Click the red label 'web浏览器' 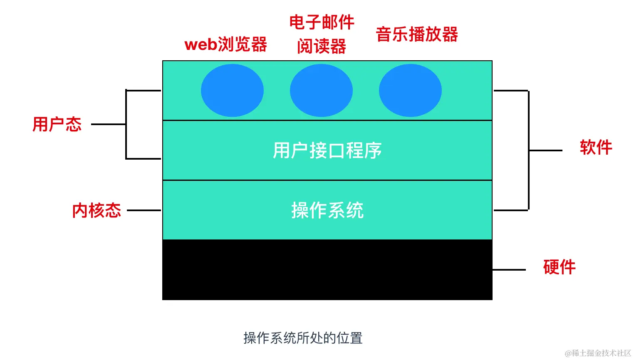pyautogui.click(x=225, y=44)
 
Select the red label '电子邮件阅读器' pyautogui.click(x=322, y=34)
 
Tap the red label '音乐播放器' pyautogui.click(x=417, y=34)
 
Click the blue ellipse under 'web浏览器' pyautogui.click(x=233, y=90)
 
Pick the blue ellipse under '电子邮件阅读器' pyautogui.click(x=321, y=90)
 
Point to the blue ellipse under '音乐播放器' pyautogui.click(x=411, y=90)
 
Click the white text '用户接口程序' pyautogui.click(x=327, y=150)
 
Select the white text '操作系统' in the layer pyautogui.click(x=327, y=210)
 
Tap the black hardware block pyautogui.click(x=327, y=270)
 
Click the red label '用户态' pyautogui.click(x=57, y=124)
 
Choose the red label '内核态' pyautogui.click(x=97, y=210)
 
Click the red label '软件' pyautogui.click(x=596, y=147)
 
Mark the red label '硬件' pyautogui.click(x=559, y=267)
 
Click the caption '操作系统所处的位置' pyautogui.click(x=303, y=338)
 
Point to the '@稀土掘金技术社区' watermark pyautogui.click(x=598, y=353)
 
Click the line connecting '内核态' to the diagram pyautogui.click(x=144, y=210)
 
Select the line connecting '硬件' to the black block pyautogui.click(x=509, y=270)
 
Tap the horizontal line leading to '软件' pyautogui.click(x=546, y=150)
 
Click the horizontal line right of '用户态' pyautogui.click(x=109, y=124)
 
